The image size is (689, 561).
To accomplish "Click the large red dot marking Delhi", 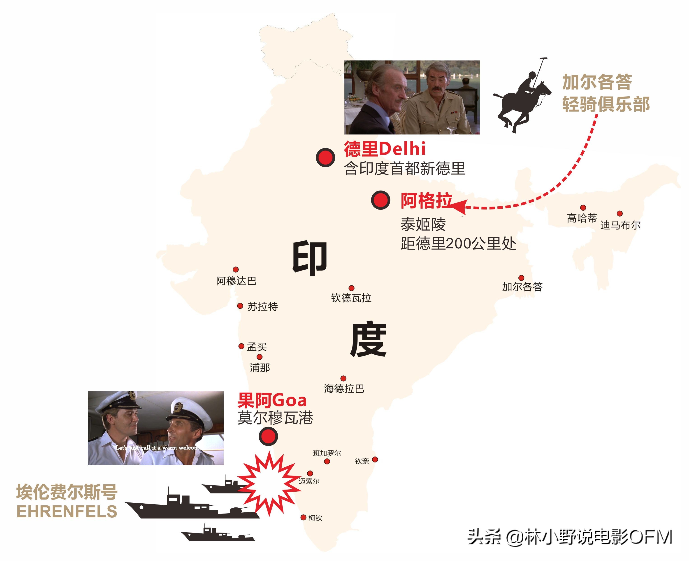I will click(325, 158).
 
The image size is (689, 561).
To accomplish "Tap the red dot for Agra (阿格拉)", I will click(380, 200).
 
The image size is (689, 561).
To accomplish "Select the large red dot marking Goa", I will click(268, 436).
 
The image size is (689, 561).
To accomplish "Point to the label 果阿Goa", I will click(272, 400).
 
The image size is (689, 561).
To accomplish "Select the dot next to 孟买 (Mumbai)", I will click(241, 346).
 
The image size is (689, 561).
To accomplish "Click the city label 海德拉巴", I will click(344, 389).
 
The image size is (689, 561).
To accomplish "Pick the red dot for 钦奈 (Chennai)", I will click(375, 459).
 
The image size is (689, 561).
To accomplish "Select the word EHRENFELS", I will click(67, 511).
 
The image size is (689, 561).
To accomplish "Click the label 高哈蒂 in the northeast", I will click(582, 218).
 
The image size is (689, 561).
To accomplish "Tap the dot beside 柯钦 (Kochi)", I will click(303, 517).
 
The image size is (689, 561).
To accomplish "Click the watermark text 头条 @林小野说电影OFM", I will click(570, 537).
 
